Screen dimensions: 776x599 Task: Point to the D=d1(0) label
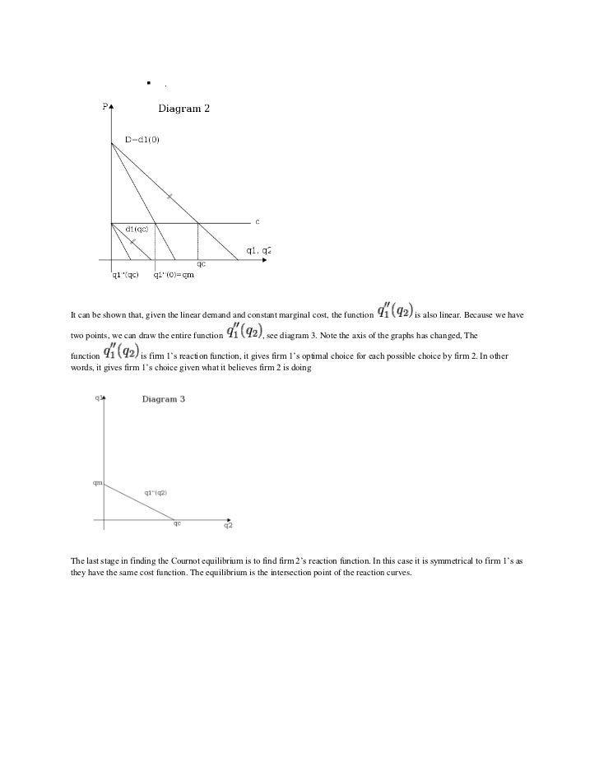coord(142,140)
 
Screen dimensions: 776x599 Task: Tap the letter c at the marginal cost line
coord(258,221)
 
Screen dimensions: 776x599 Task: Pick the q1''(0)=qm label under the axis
coord(174,275)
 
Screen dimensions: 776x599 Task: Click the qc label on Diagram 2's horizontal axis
coord(201,264)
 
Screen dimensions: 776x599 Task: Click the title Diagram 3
coord(164,399)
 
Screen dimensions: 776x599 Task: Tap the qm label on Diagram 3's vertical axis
coord(97,483)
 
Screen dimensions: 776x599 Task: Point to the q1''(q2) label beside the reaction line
coord(156,492)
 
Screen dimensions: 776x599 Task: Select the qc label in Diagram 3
coord(176,523)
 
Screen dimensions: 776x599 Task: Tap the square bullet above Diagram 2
coord(150,82)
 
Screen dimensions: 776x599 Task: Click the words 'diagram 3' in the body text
coord(304,337)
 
